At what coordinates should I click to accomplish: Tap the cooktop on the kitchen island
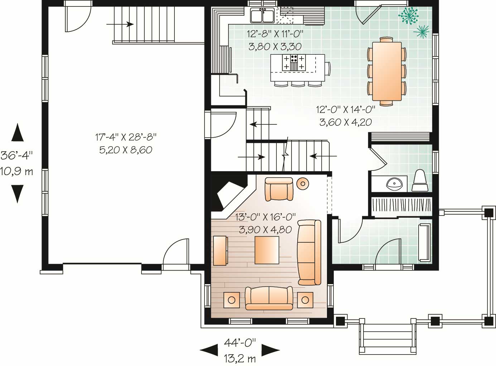294,63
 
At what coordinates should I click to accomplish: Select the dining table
386,71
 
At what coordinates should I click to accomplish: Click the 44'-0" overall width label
240,342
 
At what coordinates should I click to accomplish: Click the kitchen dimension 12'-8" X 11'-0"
275,34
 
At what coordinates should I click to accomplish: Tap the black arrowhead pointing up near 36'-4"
17,133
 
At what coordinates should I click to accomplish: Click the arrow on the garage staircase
120,24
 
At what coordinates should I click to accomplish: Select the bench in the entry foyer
425,242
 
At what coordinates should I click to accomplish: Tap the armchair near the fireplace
279,189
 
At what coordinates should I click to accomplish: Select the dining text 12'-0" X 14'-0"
345,109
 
